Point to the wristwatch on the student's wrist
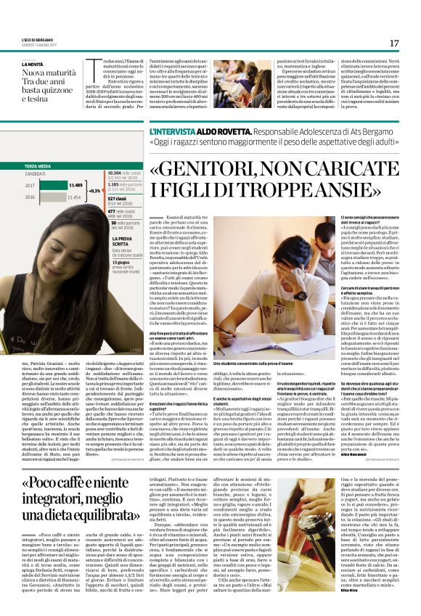point(299,295)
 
